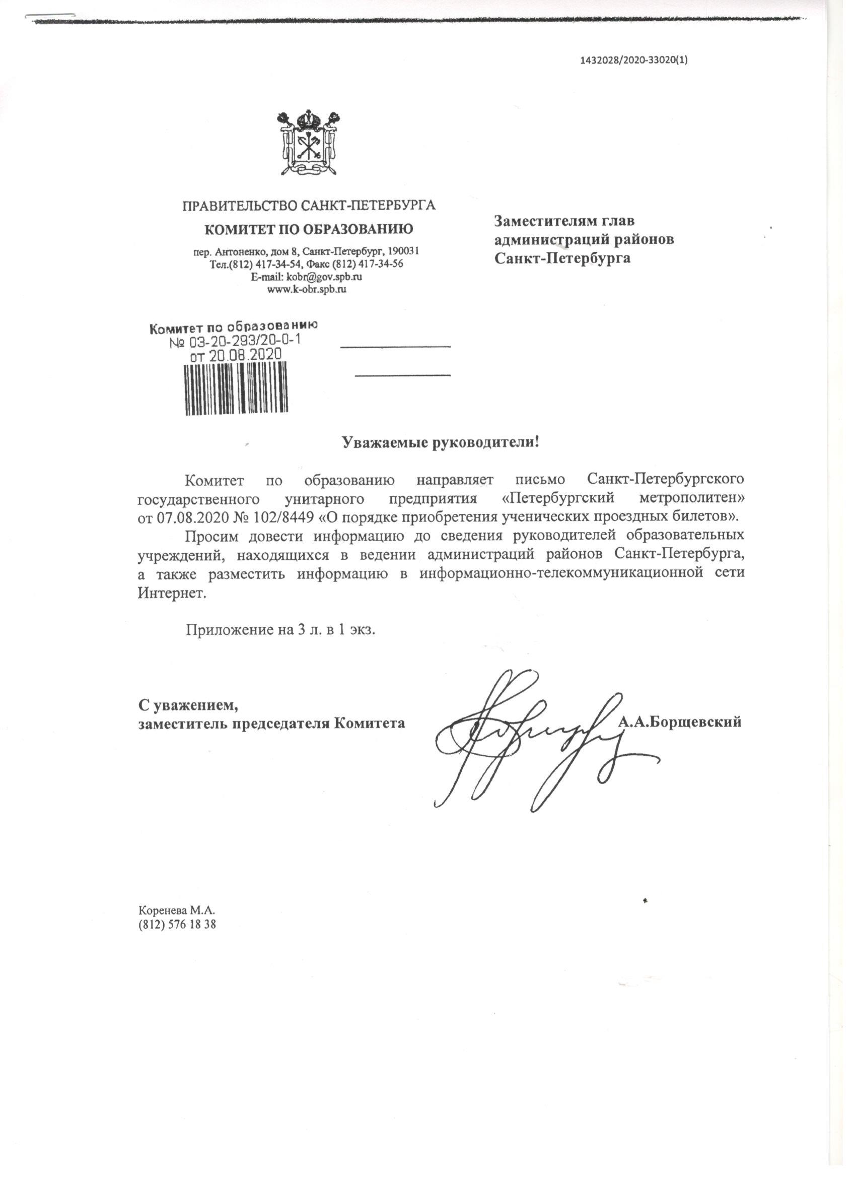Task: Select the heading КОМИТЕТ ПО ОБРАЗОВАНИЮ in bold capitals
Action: tap(308, 229)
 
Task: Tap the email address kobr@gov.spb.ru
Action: tap(324, 277)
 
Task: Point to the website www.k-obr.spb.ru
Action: tap(306, 289)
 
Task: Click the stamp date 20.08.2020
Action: tap(245, 355)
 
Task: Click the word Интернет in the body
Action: tap(172, 593)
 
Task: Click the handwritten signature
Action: tap(530, 738)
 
